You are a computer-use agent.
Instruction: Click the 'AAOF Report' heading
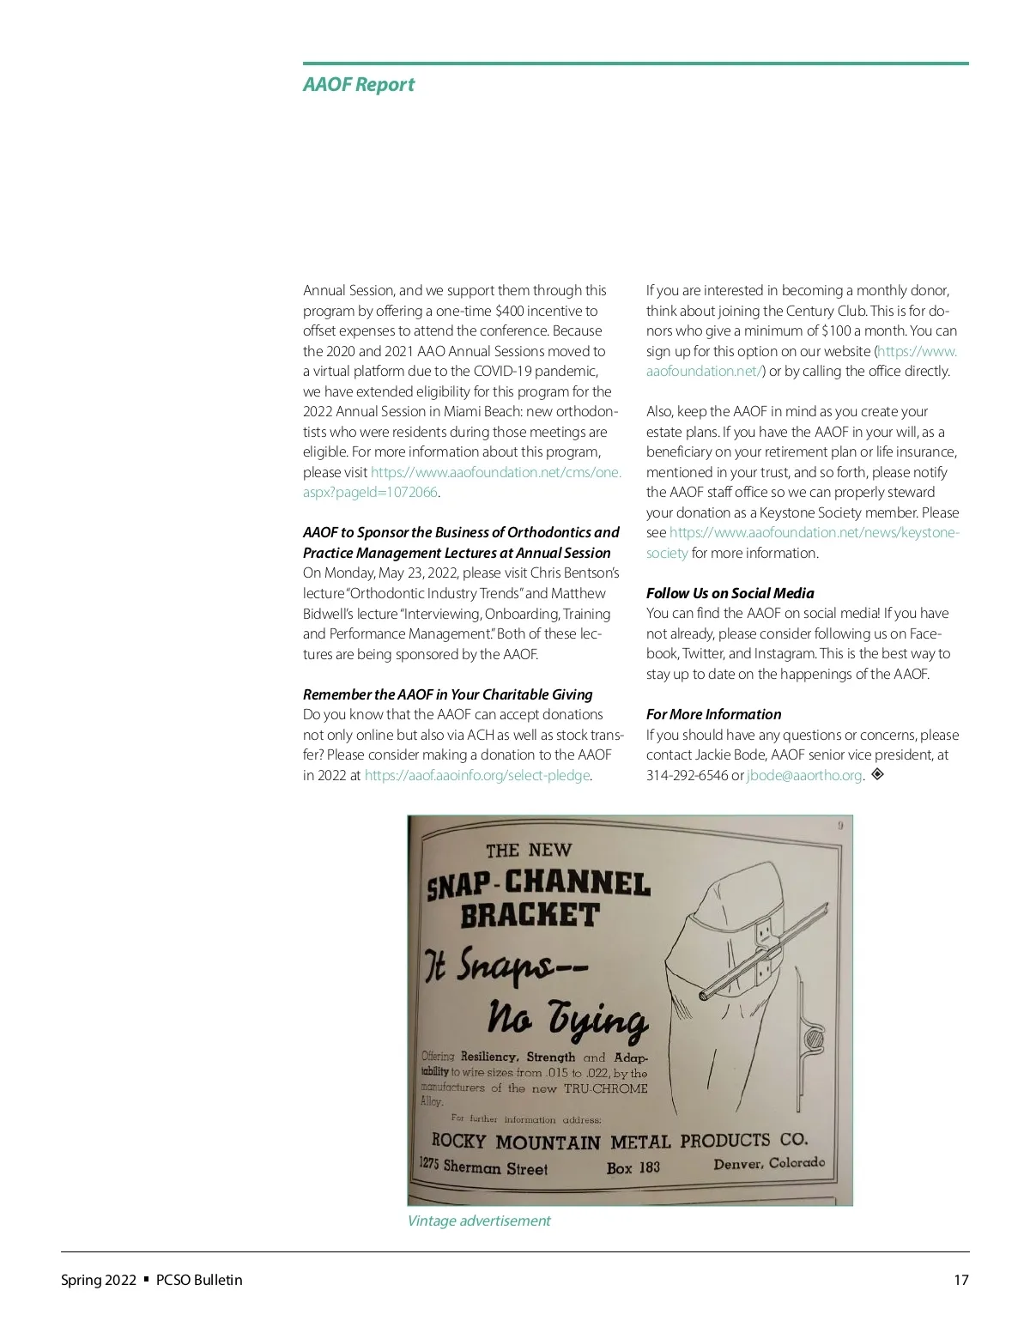(x=358, y=84)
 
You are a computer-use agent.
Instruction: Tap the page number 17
(x=960, y=1280)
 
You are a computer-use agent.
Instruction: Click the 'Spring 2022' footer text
(x=98, y=1280)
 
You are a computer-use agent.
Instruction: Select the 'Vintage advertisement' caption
(x=478, y=1221)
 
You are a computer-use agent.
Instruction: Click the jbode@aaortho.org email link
(x=804, y=776)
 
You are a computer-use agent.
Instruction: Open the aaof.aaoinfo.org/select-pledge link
(x=477, y=776)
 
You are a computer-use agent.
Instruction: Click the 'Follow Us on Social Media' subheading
(x=730, y=593)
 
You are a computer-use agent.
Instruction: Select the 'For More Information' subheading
(x=713, y=714)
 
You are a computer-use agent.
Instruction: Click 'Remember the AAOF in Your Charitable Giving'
(x=447, y=694)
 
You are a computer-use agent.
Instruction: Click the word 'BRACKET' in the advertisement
(x=529, y=915)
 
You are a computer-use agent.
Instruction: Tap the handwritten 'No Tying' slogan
(x=567, y=1019)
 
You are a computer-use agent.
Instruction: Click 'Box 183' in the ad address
(x=633, y=1167)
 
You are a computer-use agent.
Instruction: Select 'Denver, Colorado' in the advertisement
(x=768, y=1164)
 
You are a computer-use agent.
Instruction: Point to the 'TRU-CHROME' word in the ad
(x=605, y=1088)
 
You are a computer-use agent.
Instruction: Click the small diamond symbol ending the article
(x=877, y=774)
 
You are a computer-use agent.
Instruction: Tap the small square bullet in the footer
(x=147, y=1279)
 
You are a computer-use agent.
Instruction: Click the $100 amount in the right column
(x=837, y=330)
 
